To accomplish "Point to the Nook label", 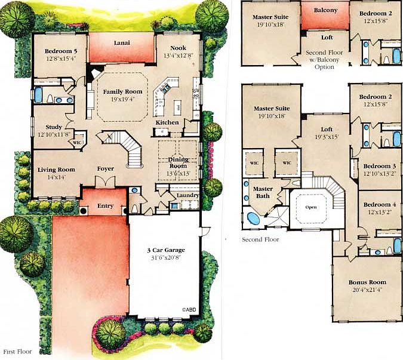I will tap(179, 49).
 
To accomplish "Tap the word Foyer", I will tap(106, 169).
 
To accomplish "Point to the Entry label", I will tap(105, 206).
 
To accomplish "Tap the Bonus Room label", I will tap(367, 282).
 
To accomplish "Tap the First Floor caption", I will tap(17, 352).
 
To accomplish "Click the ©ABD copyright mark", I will tap(189, 309).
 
